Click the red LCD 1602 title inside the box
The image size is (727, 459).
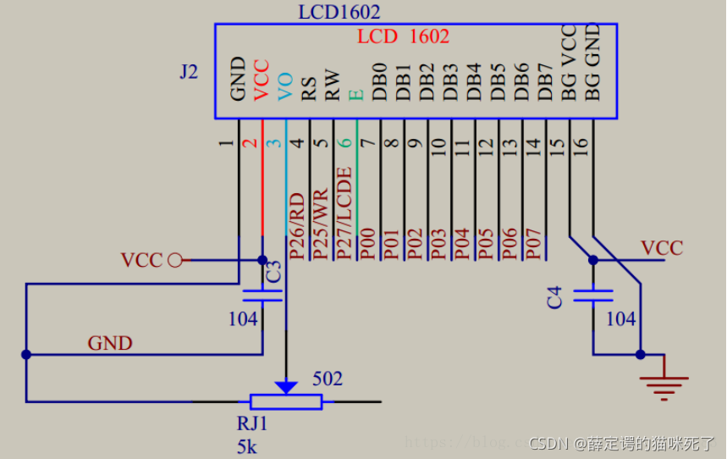pyautogui.click(x=403, y=36)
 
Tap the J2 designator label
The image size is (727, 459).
pyautogui.click(x=189, y=72)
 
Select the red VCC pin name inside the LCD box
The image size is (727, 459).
pyautogui.click(x=262, y=80)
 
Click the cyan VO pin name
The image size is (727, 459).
pyautogui.click(x=285, y=86)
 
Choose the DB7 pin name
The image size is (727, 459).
pyautogui.click(x=545, y=82)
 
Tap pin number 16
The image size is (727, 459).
pyautogui.click(x=580, y=146)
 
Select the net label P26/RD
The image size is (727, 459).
pyautogui.click(x=297, y=225)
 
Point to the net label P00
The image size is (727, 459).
pyautogui.click(x=367, y=242)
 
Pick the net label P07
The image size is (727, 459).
pyautogui.click(x=533, y=242)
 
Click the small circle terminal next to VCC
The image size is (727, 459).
pyautogui.click(x=175, y=260)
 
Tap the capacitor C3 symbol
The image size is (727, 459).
pyautogui.click(x=262, y=296)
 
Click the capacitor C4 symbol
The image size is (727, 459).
pyautogui.click(x=592, y=296)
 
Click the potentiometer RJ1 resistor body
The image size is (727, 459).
pyautogui.click(x=286, y=401)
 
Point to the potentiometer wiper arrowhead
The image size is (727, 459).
pyautogui.click(x=287, y=386)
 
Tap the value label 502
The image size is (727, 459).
pyautogui.click(x=328, y=379)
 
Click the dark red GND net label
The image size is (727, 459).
pyautogui.click(x=110, y=343)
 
